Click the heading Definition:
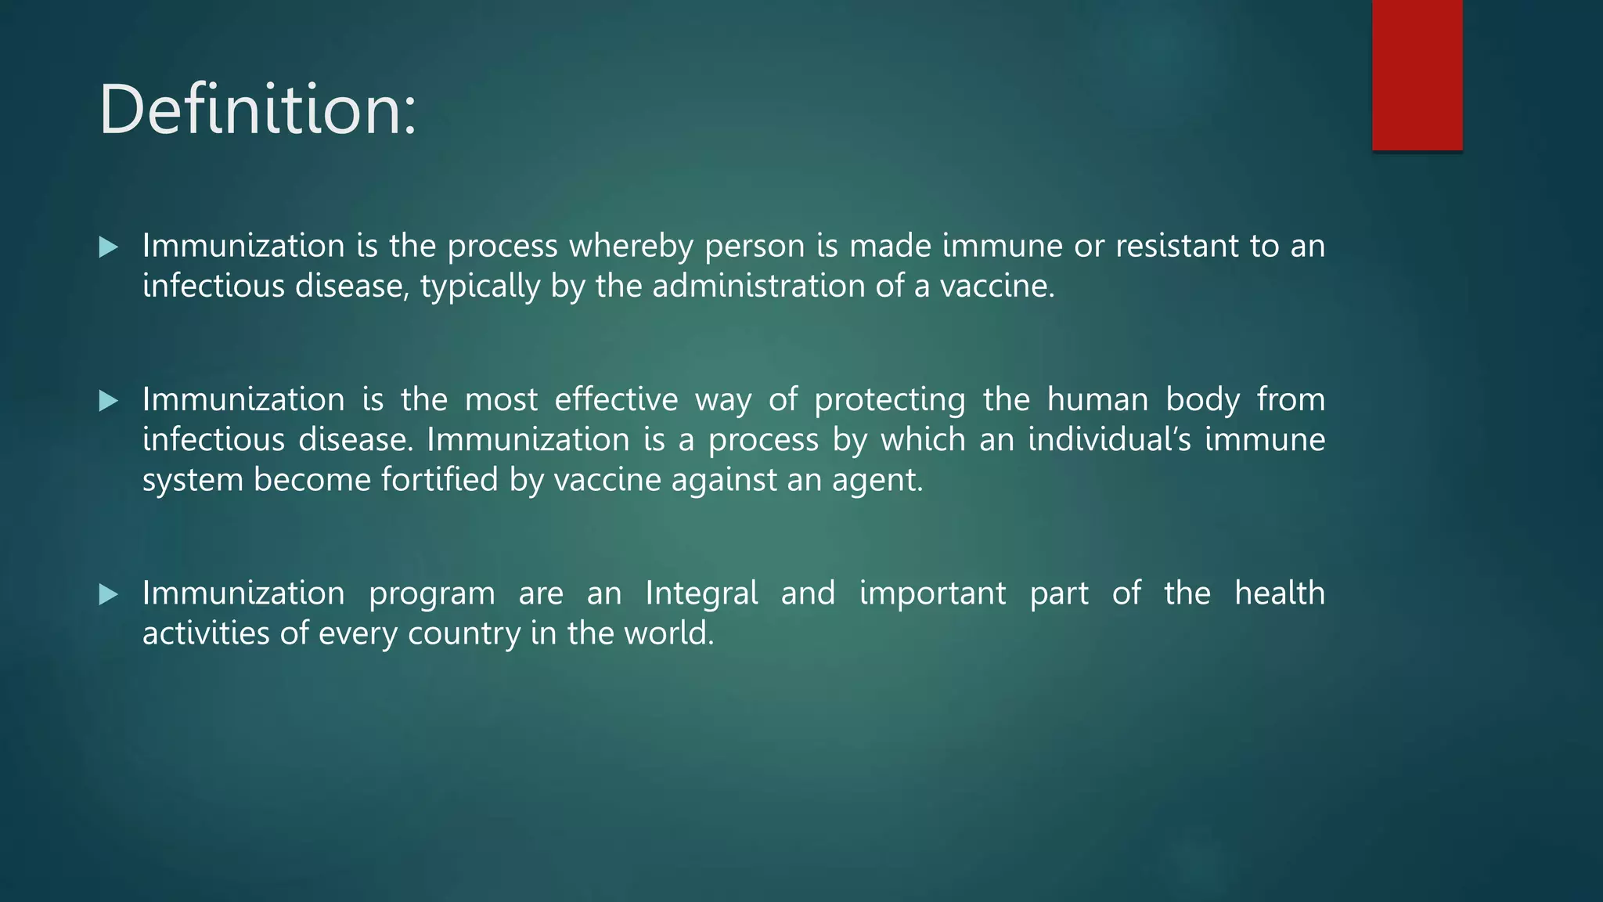click(x=258, y=110)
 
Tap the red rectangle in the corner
click(x=1417, y=74)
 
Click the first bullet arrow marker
click(x=109, y=247)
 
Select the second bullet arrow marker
click(x=109, y=401)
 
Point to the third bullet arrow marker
click(x=109, y=594)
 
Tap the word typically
click(x=480, y=287)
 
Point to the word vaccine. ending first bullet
click(x=997, y=286)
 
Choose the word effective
click(x=616, y=399)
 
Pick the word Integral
click(x=701, y=594)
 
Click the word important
click(x=932, y=594)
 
